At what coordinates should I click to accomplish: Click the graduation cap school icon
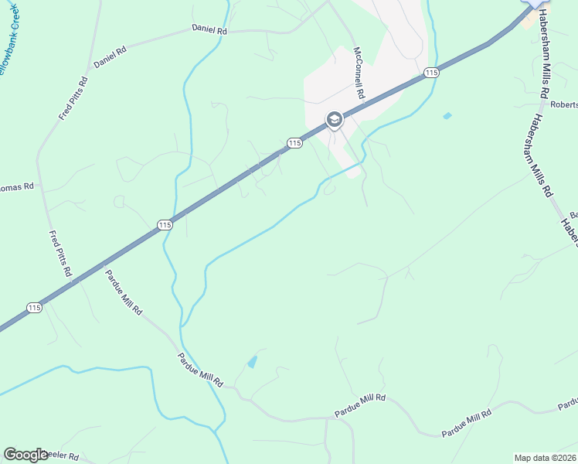point(334,119)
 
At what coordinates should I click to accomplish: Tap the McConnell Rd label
point(359,71)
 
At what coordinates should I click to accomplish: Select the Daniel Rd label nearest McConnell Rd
point(210,29)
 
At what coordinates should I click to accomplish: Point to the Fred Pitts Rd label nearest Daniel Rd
point(74,98)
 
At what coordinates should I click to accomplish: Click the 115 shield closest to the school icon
point(294,143)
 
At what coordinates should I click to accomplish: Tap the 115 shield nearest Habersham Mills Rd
point(431,73)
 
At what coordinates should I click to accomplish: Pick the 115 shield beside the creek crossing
point(164,225)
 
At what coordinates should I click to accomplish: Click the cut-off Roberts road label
point(565,104)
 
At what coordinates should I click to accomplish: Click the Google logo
point(25,455)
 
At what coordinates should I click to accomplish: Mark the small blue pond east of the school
point(447,116)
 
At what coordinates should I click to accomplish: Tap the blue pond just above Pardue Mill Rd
point(252,361)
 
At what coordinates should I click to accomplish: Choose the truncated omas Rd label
point(17,187)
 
